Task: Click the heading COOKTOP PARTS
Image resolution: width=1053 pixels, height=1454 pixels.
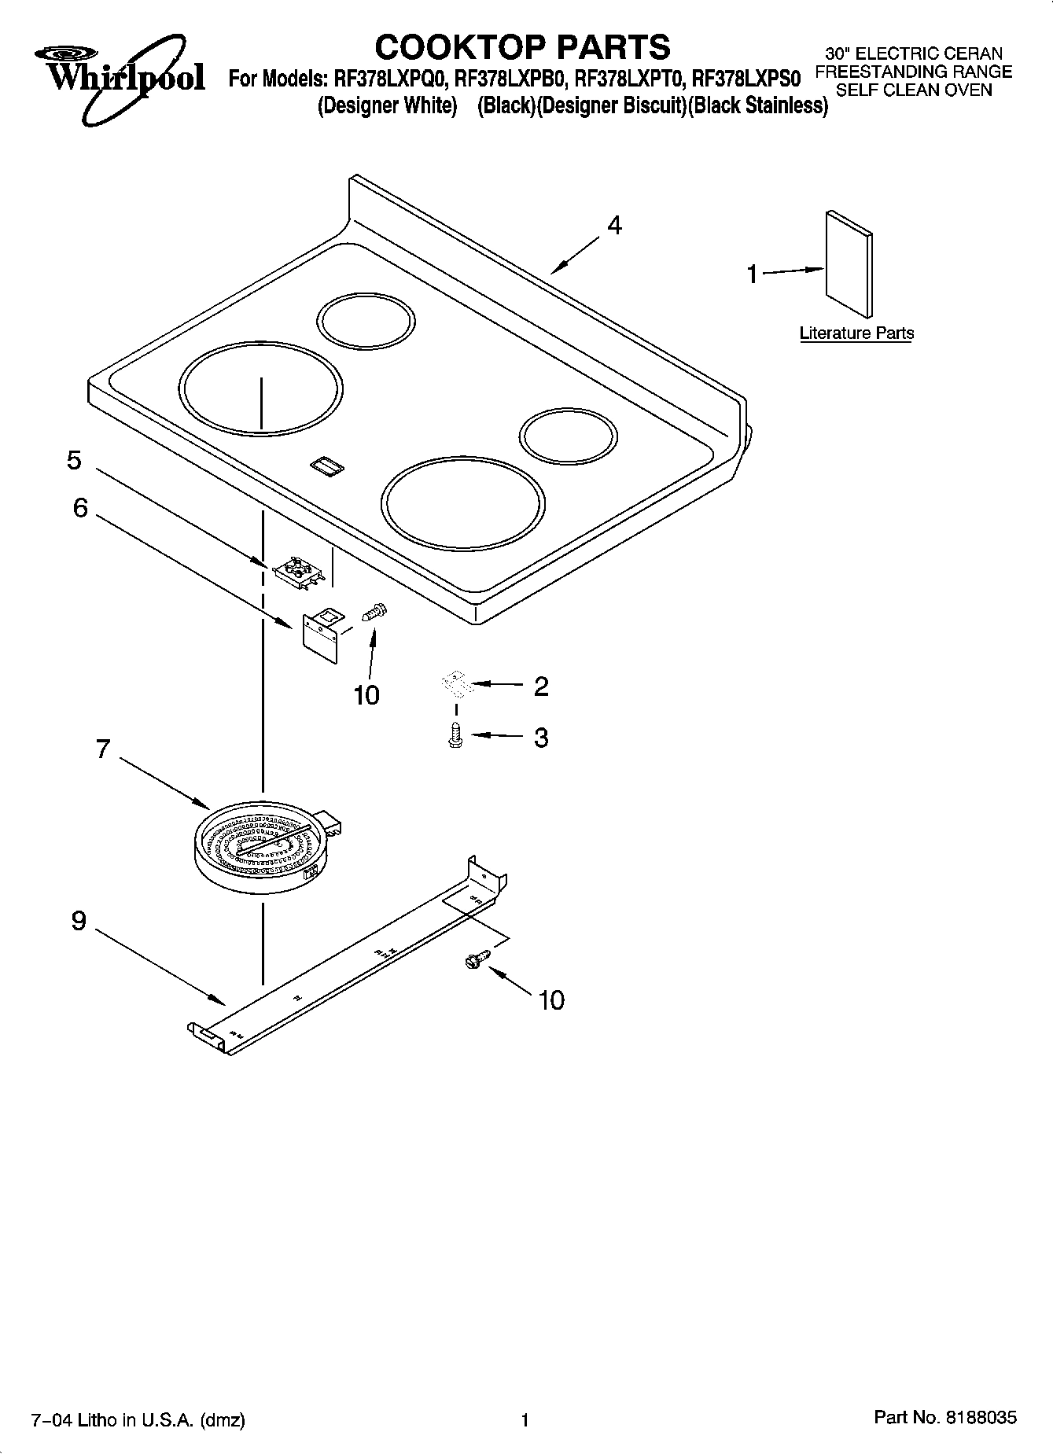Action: tap(522, 47)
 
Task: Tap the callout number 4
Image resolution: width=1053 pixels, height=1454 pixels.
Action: tap(614, 226)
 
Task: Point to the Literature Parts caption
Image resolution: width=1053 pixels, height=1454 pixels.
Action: tap(856, 333)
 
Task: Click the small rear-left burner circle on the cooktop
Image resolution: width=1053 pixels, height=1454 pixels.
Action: tap(366, 322)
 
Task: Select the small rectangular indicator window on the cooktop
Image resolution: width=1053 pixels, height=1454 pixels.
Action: tap(326, 466)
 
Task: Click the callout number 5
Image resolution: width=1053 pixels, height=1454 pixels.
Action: tap(74, 460)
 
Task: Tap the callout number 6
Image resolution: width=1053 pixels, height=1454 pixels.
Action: tap(80, 508)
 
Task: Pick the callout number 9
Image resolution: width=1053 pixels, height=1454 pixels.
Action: tap(78, 920)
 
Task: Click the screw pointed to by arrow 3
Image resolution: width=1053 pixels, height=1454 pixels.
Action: tap(454, 736)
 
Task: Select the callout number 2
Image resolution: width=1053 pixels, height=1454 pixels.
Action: tap(541, 687)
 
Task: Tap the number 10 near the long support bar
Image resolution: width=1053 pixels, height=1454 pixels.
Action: tap(551, 1000)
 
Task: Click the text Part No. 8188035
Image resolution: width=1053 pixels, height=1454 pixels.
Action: tap(945, 1418)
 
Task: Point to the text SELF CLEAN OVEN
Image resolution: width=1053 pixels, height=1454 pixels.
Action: tap(914, 90)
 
